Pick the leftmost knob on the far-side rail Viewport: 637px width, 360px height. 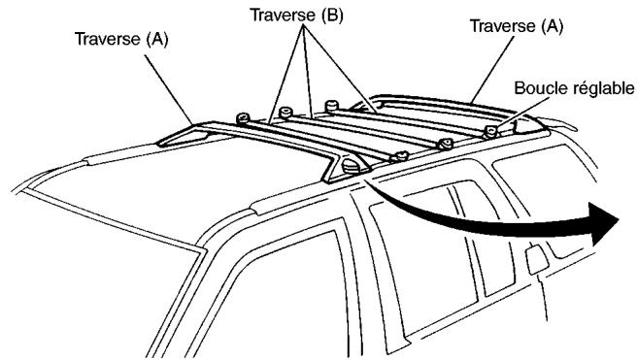243,117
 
